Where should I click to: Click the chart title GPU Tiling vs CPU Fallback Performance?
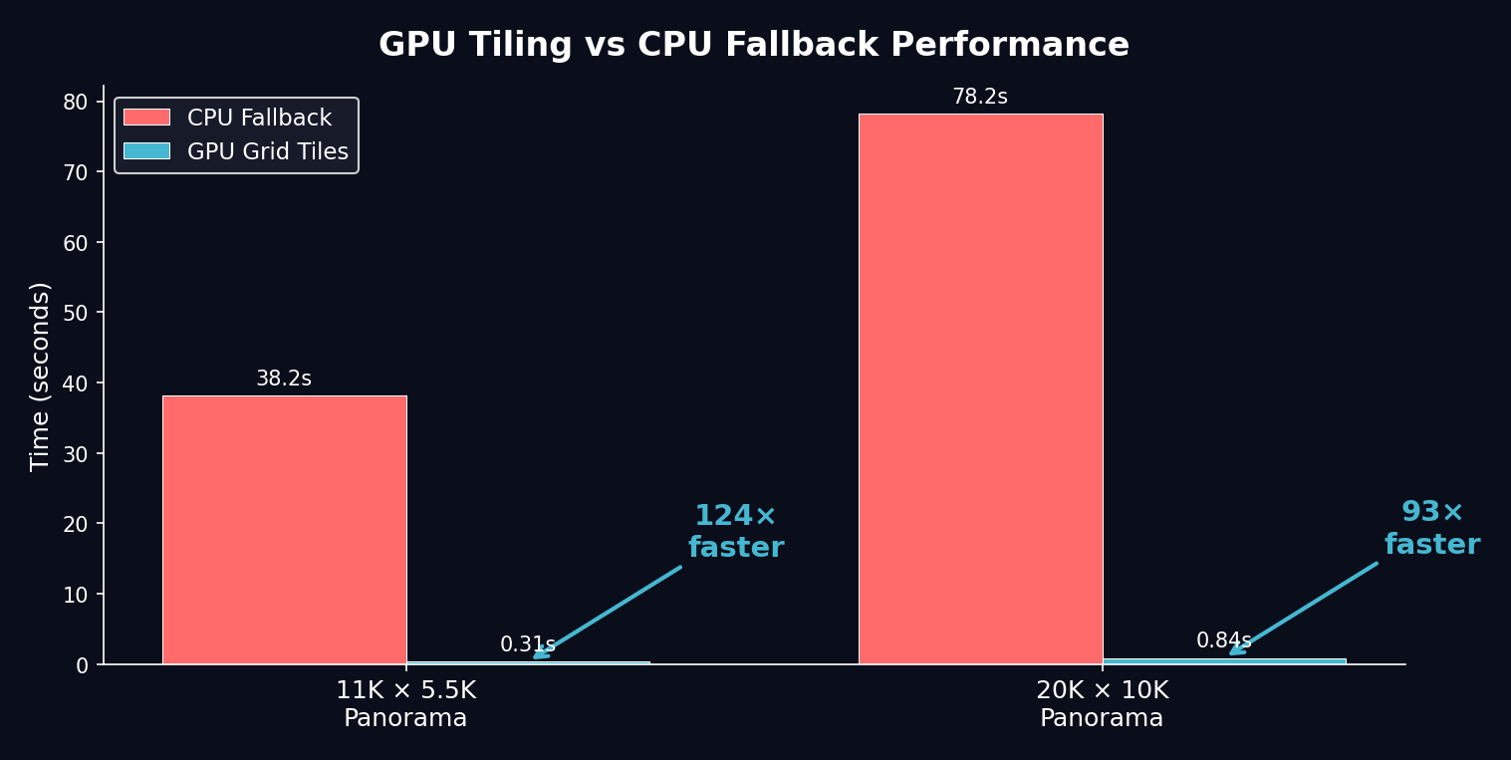coord(754,46)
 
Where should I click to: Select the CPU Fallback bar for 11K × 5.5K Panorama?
coord(284,530)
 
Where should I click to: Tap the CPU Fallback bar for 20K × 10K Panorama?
coord(980,388)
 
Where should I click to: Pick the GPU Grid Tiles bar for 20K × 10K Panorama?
coord(1224,661)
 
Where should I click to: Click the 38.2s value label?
coord(284,380)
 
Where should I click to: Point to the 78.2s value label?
coord(980,98)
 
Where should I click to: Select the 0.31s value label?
coord(527,644)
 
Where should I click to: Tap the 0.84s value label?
coord(1224,641)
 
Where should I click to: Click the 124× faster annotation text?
coord(736,532)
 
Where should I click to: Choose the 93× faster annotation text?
coord(1432,529)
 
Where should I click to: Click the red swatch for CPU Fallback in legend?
coord(146,118)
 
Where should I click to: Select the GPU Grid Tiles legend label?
coord(268,152)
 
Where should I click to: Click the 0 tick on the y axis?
coord(83,664)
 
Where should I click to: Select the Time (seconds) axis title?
coord(40,377)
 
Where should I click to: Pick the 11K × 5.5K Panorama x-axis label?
coord(405,704)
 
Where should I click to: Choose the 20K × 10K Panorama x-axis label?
coord(1102,704)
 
